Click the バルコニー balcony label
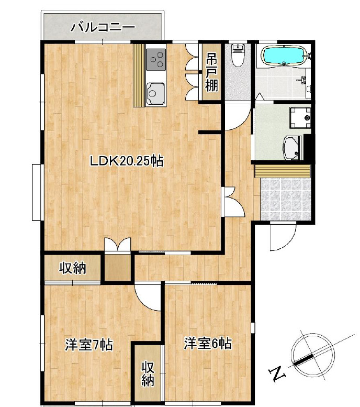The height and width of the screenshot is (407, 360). point(104,27)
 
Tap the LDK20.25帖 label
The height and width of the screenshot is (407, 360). point(127,161)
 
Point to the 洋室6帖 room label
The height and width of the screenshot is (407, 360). point(208,344)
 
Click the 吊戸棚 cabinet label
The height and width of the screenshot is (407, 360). point(211,73)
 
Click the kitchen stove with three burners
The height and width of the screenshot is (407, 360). point(155,59)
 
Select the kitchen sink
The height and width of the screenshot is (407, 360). point(155,93)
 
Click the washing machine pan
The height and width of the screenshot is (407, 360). point(300,117)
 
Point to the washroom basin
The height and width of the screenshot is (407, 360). point(292,148)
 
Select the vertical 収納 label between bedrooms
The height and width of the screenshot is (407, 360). point(148,373)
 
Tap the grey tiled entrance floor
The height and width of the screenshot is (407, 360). point(285,199)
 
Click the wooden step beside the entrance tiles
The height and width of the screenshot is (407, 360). point(283,171)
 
